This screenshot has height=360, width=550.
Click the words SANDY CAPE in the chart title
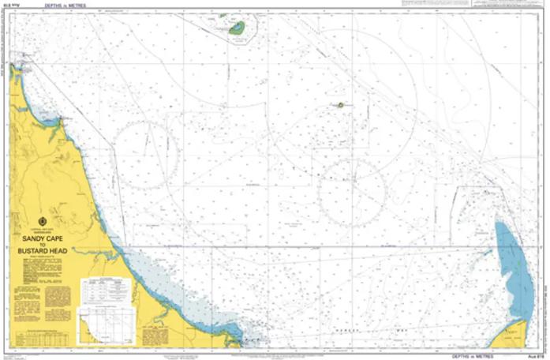click(43, 235)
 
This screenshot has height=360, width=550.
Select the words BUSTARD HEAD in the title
click(43, 250)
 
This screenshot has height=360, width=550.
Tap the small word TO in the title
click(43, 243)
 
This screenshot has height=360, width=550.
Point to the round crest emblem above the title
click(43, 222)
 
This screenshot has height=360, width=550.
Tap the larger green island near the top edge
click(237, 28)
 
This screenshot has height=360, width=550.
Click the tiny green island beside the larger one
click(223, 16)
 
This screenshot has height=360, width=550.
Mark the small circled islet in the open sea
click(341, 104)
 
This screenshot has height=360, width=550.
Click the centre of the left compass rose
click(147, 155)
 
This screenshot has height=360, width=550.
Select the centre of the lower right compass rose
click(351, 192)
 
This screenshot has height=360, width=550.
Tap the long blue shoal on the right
click(514, 272)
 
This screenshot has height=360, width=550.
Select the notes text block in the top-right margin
click(505, 4)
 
